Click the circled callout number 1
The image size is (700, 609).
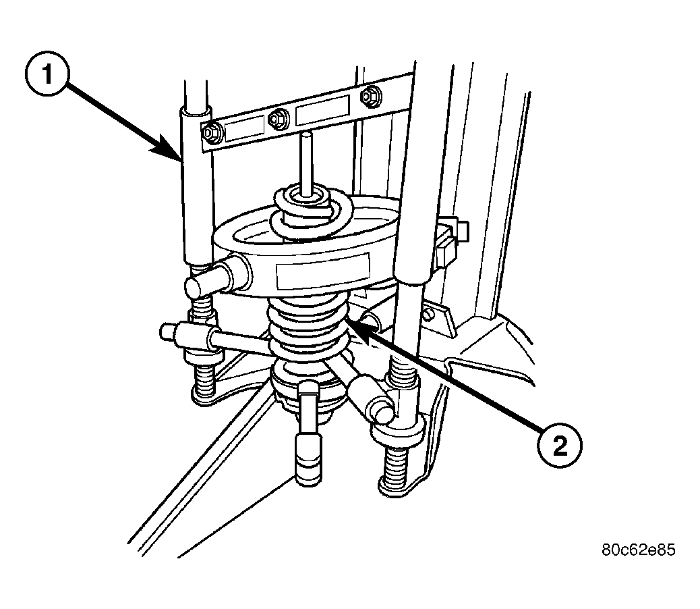[47, 74]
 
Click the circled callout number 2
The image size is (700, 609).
[559, 446]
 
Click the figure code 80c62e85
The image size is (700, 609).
[639, 549]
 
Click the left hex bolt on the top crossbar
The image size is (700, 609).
[209, 133]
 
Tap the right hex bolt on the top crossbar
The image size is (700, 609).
[369, 96]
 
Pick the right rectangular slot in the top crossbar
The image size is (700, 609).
[322, 110]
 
